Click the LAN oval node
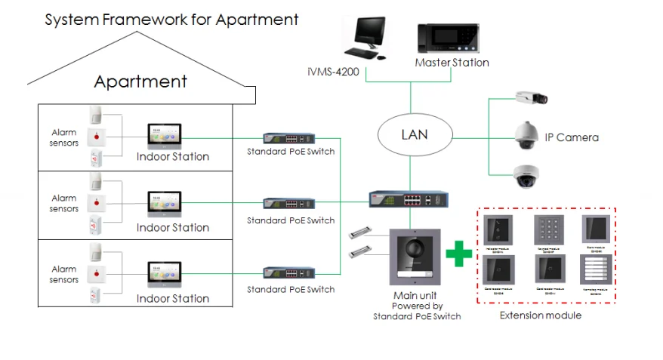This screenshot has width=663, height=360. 414,135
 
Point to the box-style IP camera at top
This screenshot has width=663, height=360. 531,97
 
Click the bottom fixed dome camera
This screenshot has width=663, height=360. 527,176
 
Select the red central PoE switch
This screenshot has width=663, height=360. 408,200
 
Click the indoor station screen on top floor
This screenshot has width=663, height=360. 165,135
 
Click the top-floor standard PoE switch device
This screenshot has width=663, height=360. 290,139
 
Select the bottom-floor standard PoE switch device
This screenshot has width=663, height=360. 290,272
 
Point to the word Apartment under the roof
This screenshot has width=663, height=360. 140,81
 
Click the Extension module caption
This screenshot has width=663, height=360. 541,315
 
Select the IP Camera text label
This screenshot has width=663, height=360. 572,137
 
